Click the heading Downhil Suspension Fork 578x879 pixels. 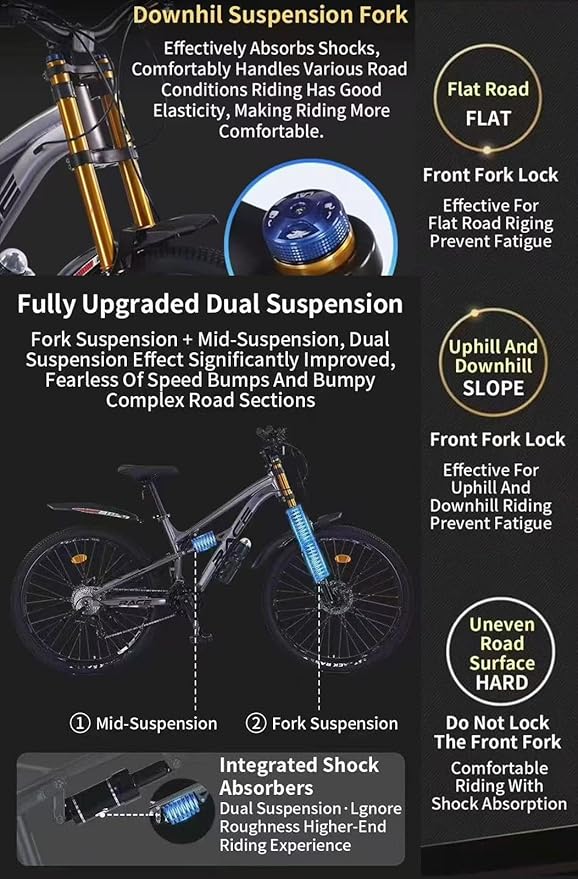point(270,16)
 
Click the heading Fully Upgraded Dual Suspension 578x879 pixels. point(210,304)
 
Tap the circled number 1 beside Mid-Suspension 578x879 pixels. point(80,723)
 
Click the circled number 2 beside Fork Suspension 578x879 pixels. point(256,723)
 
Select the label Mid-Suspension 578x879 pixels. point(156,723)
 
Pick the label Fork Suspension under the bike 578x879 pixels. point(335,723)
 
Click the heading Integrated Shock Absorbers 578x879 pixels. point(299,777)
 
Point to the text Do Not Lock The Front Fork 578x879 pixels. point(498,732)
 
